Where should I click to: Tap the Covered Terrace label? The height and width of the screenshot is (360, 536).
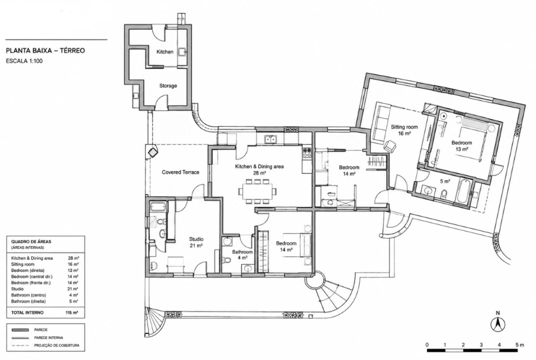tap(180, 172)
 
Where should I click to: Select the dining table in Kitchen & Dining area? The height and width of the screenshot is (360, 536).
tap(257, 191)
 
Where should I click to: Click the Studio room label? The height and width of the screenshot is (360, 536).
tap(196, 242)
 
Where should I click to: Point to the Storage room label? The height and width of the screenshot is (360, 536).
tap(168, 86)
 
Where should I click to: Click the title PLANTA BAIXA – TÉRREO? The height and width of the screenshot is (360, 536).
tap(45, 50)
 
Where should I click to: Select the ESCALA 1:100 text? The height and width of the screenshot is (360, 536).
tap(24, 61)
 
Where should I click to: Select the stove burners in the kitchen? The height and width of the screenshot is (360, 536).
tap(306, 152)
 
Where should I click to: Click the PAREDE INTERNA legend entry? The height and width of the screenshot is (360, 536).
tap(48, 338)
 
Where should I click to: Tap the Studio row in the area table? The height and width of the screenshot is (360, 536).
tap(45, 289)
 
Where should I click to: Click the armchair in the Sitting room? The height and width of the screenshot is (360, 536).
tap(389, 146)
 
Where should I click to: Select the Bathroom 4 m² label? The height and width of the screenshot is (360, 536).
tap(242, 254)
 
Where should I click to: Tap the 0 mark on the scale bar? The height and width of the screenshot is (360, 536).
tap(427, 344)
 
